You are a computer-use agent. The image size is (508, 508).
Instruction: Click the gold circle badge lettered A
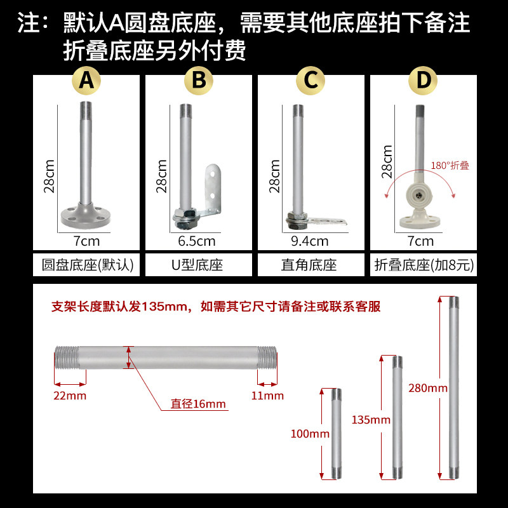[86, 81]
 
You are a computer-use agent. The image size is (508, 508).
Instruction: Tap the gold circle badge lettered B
[199, 81]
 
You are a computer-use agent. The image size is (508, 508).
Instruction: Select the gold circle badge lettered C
[311, 81]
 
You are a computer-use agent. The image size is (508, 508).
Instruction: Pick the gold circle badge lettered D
[423, 81]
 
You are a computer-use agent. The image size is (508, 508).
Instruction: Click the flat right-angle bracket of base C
[327, 222]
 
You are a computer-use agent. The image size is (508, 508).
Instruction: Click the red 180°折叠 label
[450, 166]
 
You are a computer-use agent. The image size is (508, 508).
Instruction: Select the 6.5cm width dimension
[197, 241]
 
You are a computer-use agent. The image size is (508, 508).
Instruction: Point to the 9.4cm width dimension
[310, 241]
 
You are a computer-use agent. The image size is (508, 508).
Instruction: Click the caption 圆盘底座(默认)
[88, 265]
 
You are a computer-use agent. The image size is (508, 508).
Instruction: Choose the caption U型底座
[197, 265]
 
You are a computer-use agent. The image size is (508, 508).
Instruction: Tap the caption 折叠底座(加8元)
[424, 265]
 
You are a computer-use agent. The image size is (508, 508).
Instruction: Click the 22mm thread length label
[70, 396]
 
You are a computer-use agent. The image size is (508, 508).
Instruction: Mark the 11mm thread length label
[267, 396]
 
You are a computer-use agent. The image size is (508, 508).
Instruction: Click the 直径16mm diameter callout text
[198, 404]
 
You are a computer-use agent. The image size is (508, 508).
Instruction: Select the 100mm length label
[310, 434]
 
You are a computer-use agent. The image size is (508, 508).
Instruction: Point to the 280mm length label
[428, 388]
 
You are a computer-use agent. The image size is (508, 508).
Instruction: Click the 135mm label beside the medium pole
[371, 420]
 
